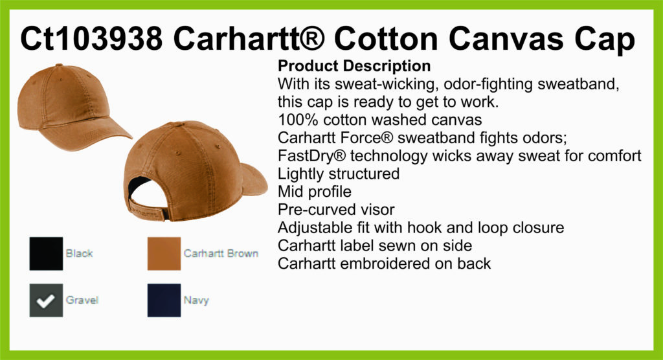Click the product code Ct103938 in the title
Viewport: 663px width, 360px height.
click(91, 39)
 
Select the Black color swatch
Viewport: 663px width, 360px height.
click(46, 253)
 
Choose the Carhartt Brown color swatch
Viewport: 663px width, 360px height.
click(164, 253)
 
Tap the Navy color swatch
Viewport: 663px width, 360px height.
click(164, 300)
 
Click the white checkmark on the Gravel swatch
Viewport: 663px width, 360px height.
click(45, 301)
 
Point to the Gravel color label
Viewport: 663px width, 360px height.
click(82, 300)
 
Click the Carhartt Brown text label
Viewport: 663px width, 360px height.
click(221, 253)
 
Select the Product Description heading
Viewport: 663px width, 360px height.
click(354, 66)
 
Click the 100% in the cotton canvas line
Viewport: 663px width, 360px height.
click(298, 120)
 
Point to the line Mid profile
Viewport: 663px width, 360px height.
click(315, 192)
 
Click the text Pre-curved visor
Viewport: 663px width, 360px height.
click(336, 210)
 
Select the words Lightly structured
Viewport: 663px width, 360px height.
click(339, 174)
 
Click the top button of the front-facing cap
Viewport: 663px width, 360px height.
click(59, 65)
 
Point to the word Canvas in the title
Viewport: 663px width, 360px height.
click(506, 39)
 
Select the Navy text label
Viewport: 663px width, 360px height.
click(196, 300)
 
